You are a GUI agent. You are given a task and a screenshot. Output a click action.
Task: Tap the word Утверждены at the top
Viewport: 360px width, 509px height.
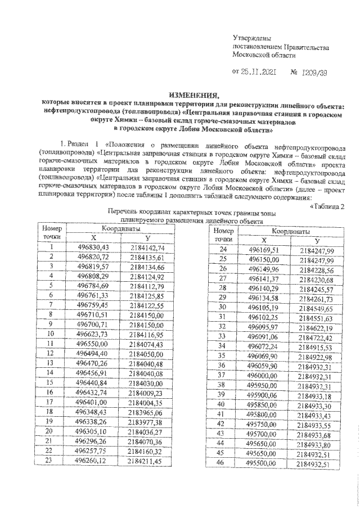pos(253,37)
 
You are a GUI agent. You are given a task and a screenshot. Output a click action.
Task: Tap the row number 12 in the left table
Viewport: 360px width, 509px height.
pos(51,353)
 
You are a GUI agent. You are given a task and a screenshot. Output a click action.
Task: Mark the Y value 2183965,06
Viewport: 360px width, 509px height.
pos(145,410)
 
